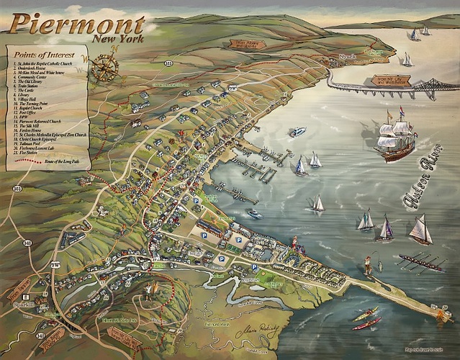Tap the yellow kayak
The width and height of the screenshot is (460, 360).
pos(366,313)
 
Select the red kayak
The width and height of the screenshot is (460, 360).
pos(366,324)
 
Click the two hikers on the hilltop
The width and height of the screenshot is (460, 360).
pos(149,290)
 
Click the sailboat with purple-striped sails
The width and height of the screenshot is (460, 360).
pos(387,229)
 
